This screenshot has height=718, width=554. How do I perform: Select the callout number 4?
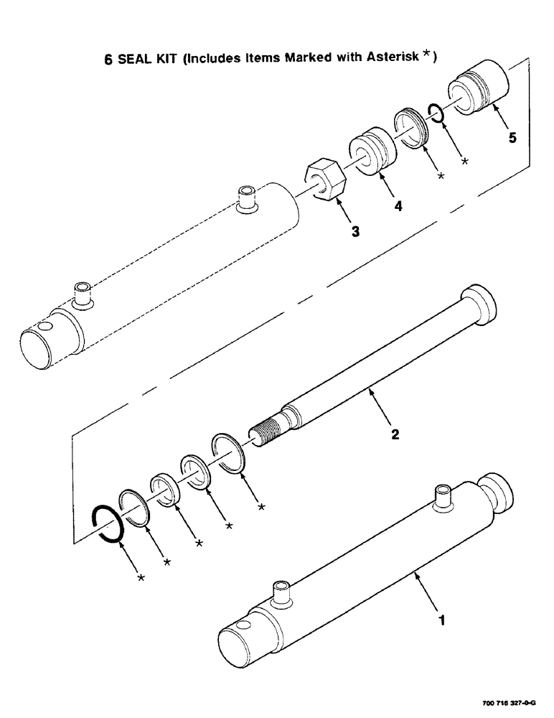tap(397, 206)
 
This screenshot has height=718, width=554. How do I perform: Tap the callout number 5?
tap(512, 138)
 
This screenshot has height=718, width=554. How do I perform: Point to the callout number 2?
tap(395, 435)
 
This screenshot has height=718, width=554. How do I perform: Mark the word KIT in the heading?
tap(169, 60)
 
